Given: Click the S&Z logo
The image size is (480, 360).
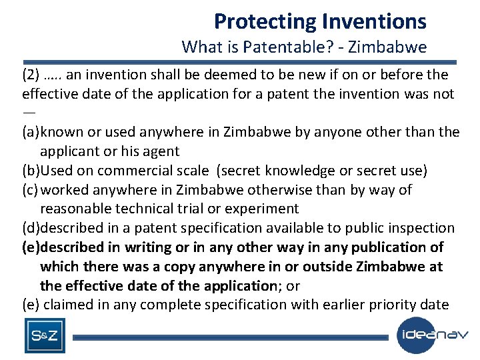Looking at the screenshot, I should [x=45, y=336].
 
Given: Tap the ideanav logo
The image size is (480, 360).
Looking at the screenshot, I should [x=433, y=335].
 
